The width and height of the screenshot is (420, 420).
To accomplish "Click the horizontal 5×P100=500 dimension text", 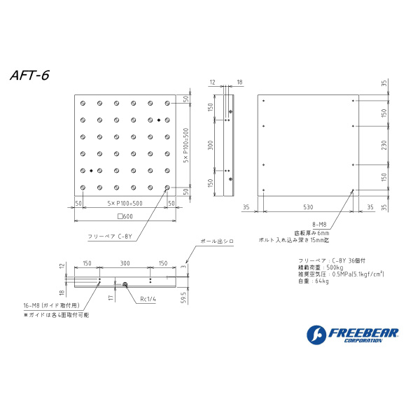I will (124, 203).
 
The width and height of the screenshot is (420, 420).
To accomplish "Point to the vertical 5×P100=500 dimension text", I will (185, 145).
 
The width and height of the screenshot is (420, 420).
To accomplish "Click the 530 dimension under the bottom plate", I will (308, 207).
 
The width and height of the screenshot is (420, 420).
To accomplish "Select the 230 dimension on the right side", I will (384, 145).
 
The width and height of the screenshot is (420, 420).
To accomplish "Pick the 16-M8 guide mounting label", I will (51, 306).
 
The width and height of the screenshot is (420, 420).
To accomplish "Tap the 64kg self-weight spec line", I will (313, 281).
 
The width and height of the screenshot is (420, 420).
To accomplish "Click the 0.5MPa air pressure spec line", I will (341, 274).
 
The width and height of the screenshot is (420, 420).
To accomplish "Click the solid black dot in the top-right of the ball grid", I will (160, 119).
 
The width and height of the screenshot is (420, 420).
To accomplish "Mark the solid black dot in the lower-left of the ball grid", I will (91, 170).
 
